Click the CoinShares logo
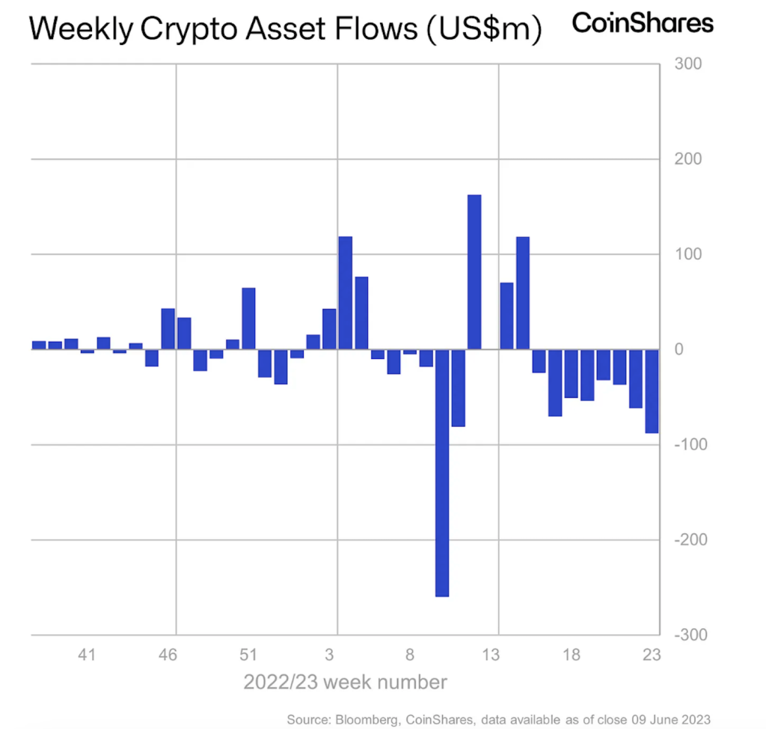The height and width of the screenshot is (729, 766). (643, 23)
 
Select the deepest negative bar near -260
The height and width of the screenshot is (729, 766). (442, 473)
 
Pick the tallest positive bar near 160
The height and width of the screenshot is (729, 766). (474, 272)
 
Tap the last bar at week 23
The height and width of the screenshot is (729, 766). (652, 391)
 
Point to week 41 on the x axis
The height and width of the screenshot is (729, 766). (87, 656)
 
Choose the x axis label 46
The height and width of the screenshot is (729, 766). (168, 656)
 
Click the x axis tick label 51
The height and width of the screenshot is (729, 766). (248, 656)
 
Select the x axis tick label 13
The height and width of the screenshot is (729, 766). (491, 656)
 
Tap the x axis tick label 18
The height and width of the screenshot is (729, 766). (572, 656)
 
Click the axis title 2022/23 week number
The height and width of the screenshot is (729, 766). (345, 682)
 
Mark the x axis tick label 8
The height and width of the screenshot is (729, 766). (410, 656)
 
